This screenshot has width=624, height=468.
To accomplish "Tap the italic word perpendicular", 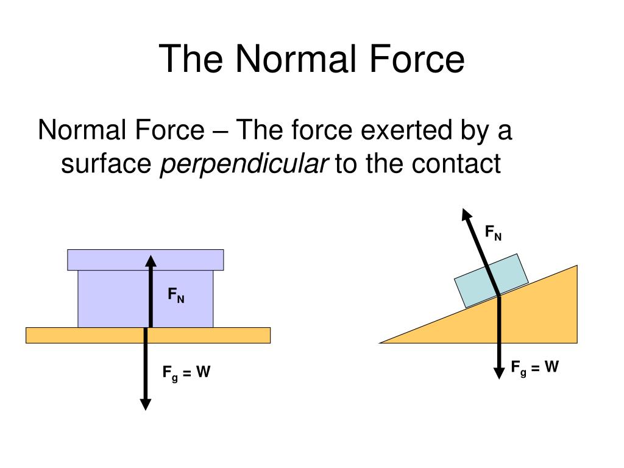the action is (244, 164).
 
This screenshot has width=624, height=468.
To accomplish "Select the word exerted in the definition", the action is (394, 130).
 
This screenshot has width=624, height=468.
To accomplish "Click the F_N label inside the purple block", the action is (176, 296).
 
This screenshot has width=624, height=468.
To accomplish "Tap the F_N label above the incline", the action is (493, 232).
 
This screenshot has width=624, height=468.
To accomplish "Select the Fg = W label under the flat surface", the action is (186, 372).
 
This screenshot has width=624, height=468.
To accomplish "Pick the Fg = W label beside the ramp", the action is (534, 367).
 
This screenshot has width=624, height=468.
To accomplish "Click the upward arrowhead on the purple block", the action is (151, 261).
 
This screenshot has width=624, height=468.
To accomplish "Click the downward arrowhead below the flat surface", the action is (145, 403).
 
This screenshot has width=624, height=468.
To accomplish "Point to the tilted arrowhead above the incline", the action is (467, 214).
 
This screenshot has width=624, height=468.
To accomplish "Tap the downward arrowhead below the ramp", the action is (500, 370).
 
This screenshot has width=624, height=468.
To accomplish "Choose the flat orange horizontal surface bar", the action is (73, 335).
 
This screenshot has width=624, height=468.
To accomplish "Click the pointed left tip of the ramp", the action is (383, 342).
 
